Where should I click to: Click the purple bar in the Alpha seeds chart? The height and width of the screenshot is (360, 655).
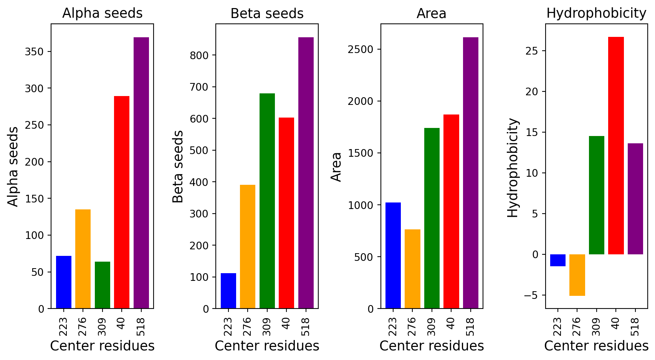point(141,173)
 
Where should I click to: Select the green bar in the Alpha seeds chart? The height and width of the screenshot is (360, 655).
point(103,285)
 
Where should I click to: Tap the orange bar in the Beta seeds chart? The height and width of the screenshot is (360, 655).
point(248,246)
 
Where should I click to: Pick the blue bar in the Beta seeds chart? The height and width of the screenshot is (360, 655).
point(228,290)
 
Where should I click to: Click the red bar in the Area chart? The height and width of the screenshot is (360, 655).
point(451,211)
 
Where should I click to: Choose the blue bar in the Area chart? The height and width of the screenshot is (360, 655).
point(393,255)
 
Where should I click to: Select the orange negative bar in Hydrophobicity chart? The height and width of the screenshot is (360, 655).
point(577,275)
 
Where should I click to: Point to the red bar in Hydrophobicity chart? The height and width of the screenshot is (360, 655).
point(616,146)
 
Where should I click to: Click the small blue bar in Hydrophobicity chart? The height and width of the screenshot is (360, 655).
point(557,260)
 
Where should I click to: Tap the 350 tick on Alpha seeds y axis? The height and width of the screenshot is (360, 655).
point(34,52)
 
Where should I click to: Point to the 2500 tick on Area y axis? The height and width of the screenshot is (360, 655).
point(361,49)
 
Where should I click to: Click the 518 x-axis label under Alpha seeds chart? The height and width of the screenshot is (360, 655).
point(141,327)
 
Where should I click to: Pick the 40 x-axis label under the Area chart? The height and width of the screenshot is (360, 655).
point(451,324)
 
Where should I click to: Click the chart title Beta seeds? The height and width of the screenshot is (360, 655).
point(267,13)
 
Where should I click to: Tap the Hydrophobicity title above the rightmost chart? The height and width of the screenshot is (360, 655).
point(596,13)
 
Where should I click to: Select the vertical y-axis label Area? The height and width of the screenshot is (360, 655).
point(336,167)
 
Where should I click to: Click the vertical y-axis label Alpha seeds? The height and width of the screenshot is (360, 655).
point(13,167)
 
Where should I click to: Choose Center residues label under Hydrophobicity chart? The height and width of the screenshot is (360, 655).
point(596,346)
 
